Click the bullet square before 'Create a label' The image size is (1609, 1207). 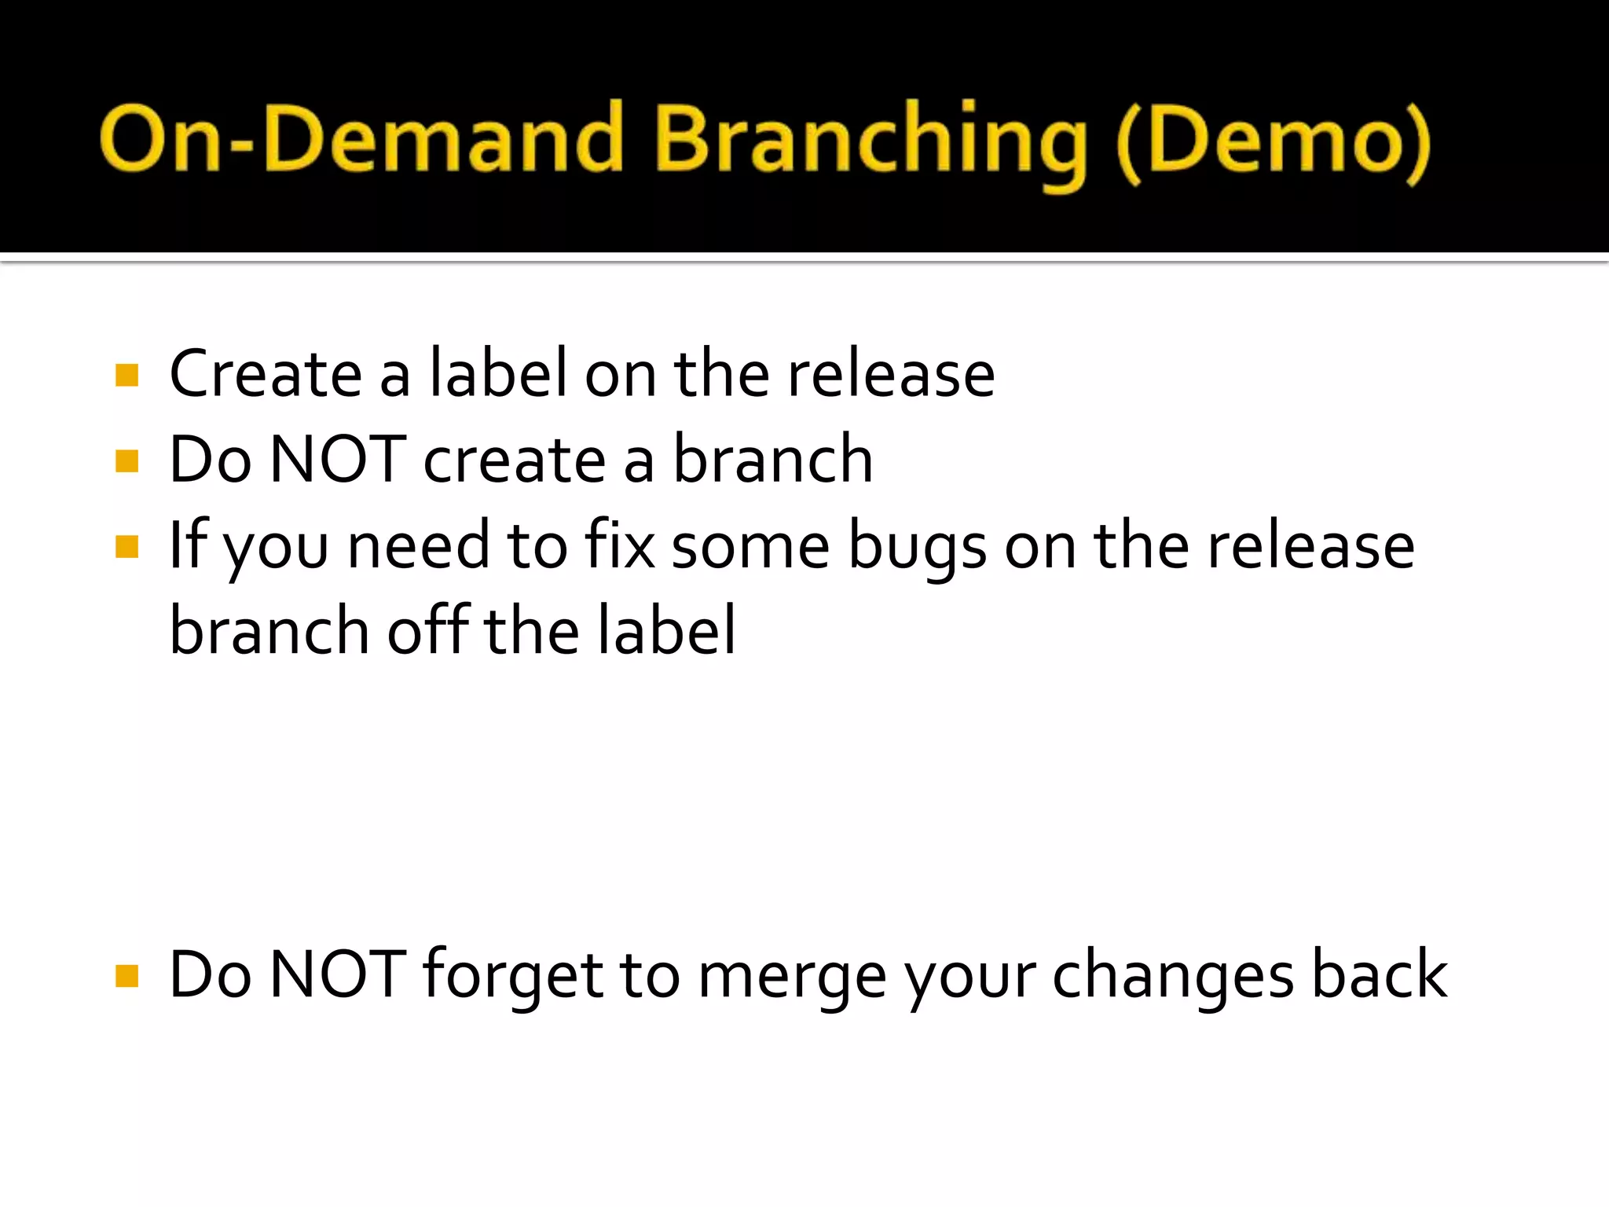126,375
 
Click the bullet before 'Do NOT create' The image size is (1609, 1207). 126,460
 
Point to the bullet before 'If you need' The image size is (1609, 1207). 126,546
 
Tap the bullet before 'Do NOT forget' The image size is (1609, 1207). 126,976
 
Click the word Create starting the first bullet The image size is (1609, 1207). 266,374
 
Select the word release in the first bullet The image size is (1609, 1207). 891,374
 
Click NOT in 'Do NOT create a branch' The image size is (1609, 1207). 338,460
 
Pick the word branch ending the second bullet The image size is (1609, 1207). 773,460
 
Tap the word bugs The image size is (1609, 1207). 917,548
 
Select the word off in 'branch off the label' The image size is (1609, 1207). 428,630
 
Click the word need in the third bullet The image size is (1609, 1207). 419,546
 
